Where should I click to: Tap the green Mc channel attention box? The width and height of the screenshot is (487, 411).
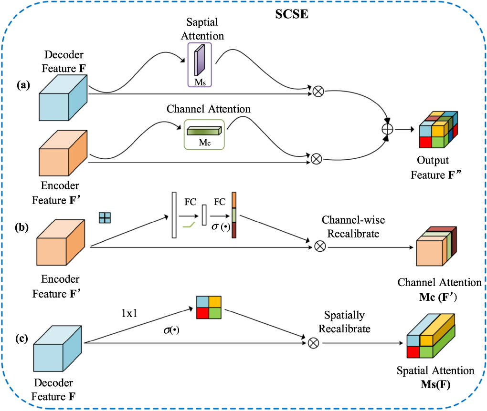tap(204, 134)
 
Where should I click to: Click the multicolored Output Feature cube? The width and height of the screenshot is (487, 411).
tap(437, 130)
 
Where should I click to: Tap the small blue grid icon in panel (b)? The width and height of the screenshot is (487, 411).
tap(105, 218)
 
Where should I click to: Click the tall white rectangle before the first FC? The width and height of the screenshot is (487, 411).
tap(174, 215)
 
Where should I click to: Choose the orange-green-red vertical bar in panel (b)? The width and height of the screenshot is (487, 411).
tap(234, 215)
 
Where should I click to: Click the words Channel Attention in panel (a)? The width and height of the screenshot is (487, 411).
tap(209, 109)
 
